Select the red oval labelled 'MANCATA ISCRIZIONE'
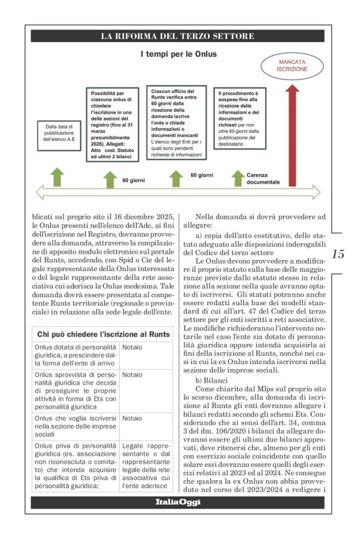pyautogui.click(x=292, y=66)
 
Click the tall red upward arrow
pyautogui.click(x=292, y=136)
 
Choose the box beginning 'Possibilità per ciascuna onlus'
pyautogui.click(x=112, y=123)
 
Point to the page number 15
pyautogui.click(x=338, y=254)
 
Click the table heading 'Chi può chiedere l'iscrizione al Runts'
pyautogui.click(x=103, y=334)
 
